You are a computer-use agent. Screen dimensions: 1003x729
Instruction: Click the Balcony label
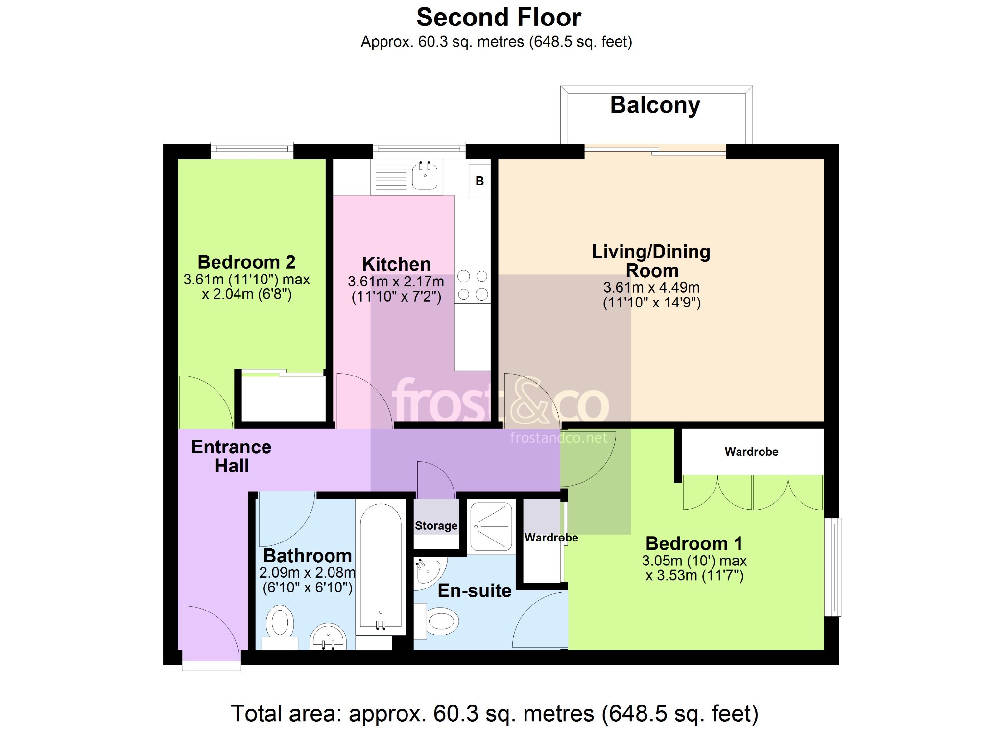[655, 106]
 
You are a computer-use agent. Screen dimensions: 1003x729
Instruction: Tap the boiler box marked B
[479, 181]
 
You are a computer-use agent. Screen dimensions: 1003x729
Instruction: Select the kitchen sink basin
[425, 176]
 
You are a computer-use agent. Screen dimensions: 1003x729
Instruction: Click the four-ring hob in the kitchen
[473, 285]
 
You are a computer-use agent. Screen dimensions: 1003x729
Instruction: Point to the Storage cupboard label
[436, 526]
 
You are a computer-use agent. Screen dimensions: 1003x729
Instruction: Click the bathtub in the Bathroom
[381, 566]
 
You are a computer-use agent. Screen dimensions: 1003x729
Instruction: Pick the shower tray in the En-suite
[491, 526]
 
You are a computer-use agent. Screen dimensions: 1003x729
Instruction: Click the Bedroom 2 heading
[246, 262]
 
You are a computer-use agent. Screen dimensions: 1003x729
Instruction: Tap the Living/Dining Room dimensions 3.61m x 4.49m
[651, 287]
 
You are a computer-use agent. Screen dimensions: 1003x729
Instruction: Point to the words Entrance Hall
[231, 456]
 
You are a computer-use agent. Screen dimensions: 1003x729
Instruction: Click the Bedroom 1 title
[694, 543]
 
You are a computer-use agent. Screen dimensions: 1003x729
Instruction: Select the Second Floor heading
[499, 18]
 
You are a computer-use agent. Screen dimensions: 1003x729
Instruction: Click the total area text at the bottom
[495, 713]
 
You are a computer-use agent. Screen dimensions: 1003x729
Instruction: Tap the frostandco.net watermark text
[559, 438]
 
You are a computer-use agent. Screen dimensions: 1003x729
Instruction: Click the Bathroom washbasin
[328, 636]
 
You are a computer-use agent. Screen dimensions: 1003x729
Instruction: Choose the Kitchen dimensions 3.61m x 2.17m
[396, 282]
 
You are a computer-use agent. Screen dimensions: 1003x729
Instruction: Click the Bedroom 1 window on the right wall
[833, 567]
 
